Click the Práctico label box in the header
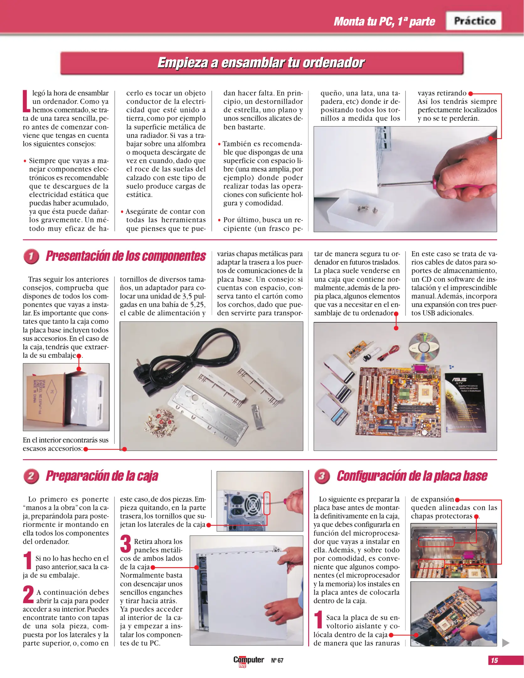pyautogui.click(x=474, y=21)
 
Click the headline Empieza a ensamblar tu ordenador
pyautogui.click(x=261, y=63)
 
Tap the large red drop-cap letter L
pyautogui.click(x=26, y=101)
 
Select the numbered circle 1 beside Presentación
pyautogui.click(x=31, y=256)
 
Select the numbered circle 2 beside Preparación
pyautogui.click(x=31, y=476)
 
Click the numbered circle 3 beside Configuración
pyautogui.click(x=322, y=476)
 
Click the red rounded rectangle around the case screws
pyautogui.click(x=267, y=503)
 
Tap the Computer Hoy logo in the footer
pyautogui.click(x=248, y=660)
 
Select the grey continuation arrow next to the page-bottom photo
pyautogui.click(x=505, y=643)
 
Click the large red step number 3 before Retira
pyautogui.click(x=125, y=544)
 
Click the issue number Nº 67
pyautogui.click(x=277, y=660)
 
